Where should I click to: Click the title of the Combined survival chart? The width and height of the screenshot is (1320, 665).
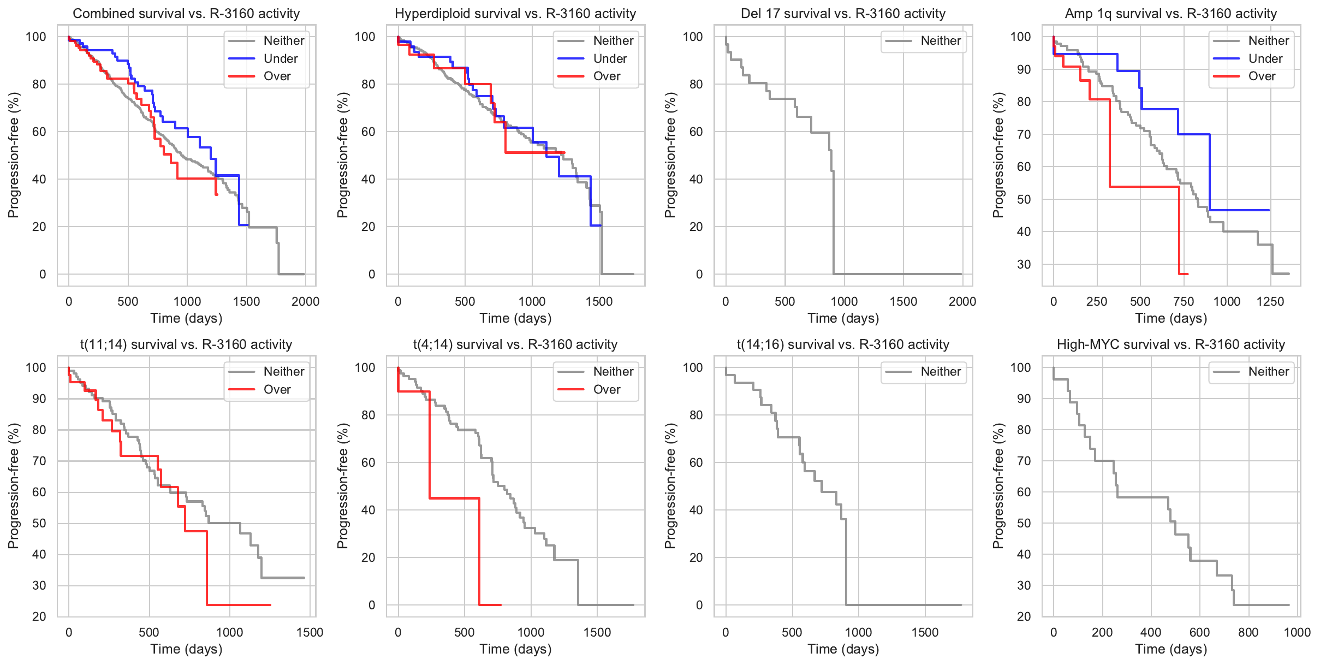click(186, 14)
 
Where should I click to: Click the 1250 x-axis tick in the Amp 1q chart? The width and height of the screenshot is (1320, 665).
click(1270, 301)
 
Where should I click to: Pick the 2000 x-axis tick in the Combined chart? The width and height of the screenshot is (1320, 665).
click(305, 301)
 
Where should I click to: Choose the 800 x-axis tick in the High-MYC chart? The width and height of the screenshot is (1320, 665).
click(1248, 632)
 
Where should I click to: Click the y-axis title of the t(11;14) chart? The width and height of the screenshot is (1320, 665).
click(14, 486)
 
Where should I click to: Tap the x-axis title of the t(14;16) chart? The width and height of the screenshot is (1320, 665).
click(843, 649)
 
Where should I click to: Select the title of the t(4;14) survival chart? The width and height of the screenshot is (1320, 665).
click(515, 345)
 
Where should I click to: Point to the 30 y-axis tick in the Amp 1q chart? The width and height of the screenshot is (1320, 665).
click(1024, 264)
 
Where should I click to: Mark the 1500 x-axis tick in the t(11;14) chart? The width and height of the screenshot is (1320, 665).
click(310, 632)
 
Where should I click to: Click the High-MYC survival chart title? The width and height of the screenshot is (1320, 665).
click(1171, 345)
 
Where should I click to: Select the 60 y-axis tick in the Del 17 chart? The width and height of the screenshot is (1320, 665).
click(696, 132)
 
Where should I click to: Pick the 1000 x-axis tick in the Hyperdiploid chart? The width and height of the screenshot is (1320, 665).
click(532, 301)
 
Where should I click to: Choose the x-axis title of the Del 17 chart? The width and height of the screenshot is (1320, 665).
click(843, 318)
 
